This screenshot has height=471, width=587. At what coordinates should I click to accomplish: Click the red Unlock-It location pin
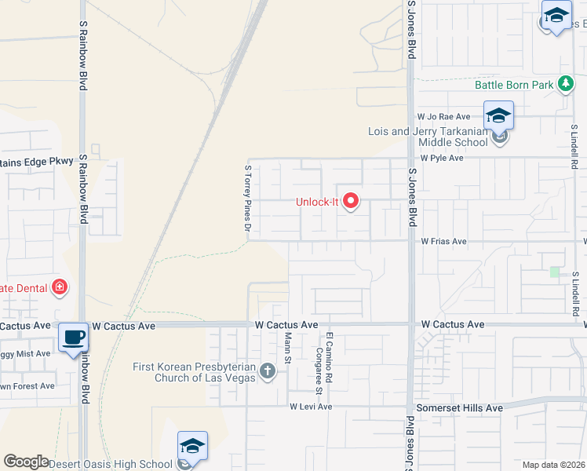[350, 202]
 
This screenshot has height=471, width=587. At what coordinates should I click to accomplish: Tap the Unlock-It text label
[316, 202]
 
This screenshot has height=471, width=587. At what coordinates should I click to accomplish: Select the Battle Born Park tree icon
[564, 85]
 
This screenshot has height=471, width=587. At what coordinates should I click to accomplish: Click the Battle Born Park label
[514, 85]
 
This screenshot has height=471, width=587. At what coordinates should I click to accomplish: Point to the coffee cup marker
[74, 338]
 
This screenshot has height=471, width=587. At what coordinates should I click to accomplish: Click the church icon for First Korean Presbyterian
[268, 371]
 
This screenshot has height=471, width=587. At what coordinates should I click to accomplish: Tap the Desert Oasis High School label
[111, 464]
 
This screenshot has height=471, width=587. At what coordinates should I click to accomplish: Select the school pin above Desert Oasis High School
[192, 447]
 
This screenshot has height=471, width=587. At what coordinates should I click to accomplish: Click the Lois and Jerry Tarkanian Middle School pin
[498, 116]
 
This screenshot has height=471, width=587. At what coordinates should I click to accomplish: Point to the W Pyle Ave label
[442, 158]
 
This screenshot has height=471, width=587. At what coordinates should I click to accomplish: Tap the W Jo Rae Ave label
[443, 116]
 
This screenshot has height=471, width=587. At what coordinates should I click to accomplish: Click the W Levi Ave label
[311, 407]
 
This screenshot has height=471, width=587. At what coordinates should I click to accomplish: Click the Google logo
[27, 462]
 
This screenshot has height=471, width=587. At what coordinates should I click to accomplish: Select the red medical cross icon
[58, 288]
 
